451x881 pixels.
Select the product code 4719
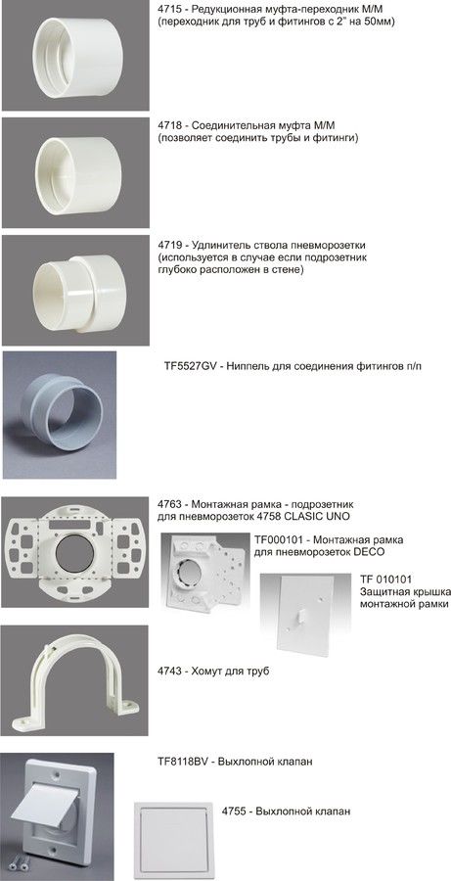168,246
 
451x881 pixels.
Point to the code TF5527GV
188,366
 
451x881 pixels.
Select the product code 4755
233,811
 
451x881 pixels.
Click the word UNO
340,516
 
